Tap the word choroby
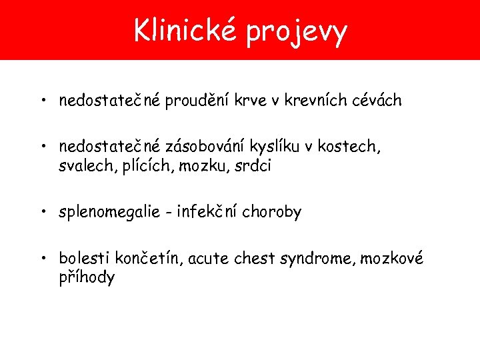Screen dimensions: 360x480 272,213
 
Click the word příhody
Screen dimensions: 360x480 87,277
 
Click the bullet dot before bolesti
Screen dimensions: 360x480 42,258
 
